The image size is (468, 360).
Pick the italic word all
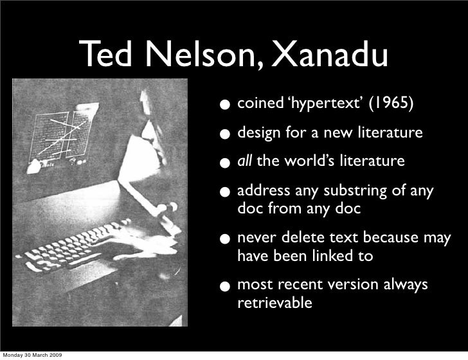click(x=244, y=161)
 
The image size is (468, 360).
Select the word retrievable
click(x=275, y=302)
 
